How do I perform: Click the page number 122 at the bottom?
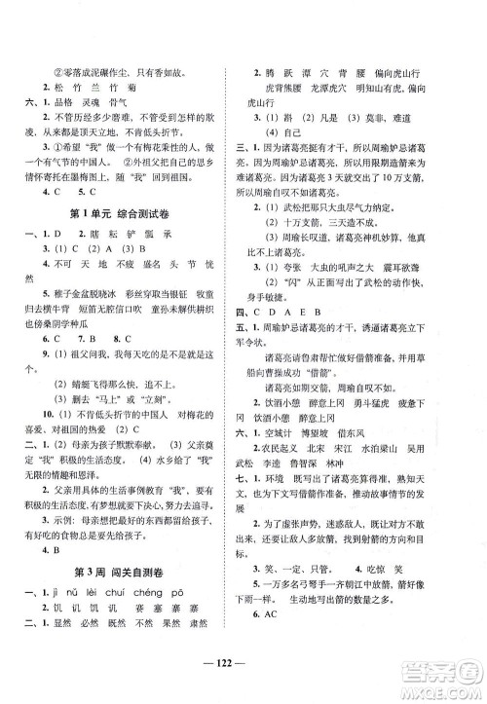[x=243, y=680]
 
